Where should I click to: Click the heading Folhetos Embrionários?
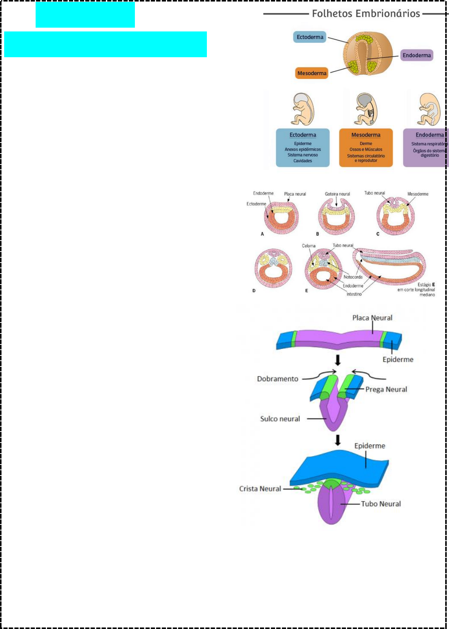tap(366, 14)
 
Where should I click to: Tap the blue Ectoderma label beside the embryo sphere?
tap(310, 37)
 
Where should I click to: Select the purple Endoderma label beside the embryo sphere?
tap(416, 55)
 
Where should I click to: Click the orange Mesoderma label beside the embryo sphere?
tap(311, 73)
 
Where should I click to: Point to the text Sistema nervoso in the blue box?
tap(302, 155)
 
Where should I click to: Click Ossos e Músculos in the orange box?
tap(366, 149)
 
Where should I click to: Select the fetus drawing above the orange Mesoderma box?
tap(366, 109)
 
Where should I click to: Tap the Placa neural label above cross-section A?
tap(295, 194)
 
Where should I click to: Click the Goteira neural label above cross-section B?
tap(337, 194)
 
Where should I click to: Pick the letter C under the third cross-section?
tap(378, 234)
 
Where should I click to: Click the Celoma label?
tap(308, 246)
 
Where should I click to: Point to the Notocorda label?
tap(353, 277)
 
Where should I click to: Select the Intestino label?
tap(354, 294)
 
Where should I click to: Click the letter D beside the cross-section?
tap(254, 291)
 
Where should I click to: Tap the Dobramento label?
tap(277, 379)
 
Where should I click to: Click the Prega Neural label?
tap(386, 389)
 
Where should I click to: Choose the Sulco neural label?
tap(280, 419)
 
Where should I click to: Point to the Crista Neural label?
tap(260, 488)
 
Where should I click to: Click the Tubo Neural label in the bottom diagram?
tap(381, 504)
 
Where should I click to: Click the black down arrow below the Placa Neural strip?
tap(338, 360)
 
